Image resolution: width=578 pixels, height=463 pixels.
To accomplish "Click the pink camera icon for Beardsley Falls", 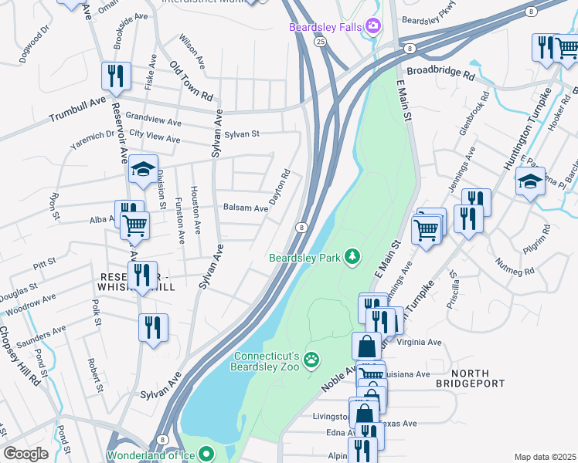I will pyautogui.click(x=374, y=27).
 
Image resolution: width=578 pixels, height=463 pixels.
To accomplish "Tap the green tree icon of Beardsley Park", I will pyautogui.click(x=353, y=256).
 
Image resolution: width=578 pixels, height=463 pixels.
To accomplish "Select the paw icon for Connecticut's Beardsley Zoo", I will pyautogui.click(x=311, y=359).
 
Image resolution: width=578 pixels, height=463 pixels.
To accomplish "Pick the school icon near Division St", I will pyautogui.click(x=142, y=171).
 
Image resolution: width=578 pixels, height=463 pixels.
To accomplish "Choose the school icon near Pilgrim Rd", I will pyautogui.click(x=530, y=182).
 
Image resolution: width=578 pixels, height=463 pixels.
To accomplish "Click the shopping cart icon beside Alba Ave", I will pyautogui.click(x=136, y=226).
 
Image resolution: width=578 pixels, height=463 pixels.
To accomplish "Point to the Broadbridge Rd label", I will pyautogui.click(x=440, y=74).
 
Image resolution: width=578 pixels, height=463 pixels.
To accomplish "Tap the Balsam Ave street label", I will pyautogui.click(x=245, y=208).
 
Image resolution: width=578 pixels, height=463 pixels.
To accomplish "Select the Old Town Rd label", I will pyautogui.click(x=191, y=80).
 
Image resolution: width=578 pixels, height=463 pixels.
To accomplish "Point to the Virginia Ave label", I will pyautogui.click(x=419, y=342).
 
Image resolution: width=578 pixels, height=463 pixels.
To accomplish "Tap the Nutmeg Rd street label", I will pyautogui.click(x=518, y=271).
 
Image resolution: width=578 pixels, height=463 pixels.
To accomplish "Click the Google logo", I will pyautogui.click(x=25, y=453).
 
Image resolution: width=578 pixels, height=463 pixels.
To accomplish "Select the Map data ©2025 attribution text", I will pyautogui.click(x=545, y=457).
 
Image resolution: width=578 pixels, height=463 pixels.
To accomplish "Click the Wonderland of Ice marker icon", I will pyautogui.click(x=206, y=454).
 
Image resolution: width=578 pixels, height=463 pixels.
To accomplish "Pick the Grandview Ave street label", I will pyautogui.click(x=153, y=122).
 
